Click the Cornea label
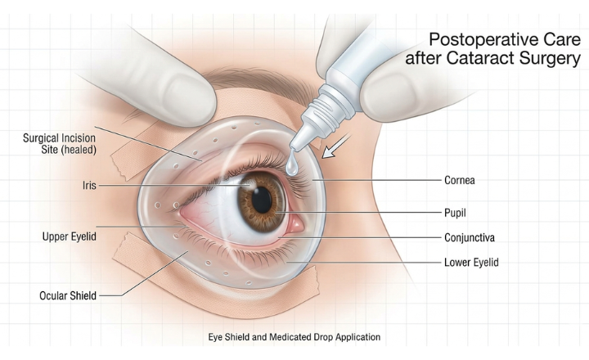(x=458, y=179)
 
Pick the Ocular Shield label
(x=70, y=295)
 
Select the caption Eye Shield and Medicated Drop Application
(x=293, y=336)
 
